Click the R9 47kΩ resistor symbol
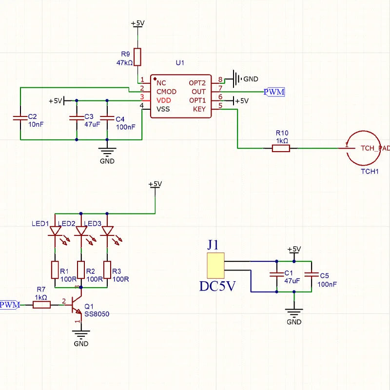(x=137, y=57)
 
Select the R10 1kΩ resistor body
(x=281, y=148)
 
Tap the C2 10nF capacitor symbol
(x=20, y=117)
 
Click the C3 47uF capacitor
(x=76, y=117)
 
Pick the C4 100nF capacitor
(x=107, y=117)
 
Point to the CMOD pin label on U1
(x=166, y=92)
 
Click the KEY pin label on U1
(x=199, y=109)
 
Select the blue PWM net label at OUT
(x=274, y=92)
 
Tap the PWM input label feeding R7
(x=10, y=305)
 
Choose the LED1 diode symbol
(x=55, y=231)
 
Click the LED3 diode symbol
(x=107, y=231)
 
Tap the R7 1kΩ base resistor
(x=41, y=305)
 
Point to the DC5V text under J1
(x=217, y=286)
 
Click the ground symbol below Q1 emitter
(x=81, y=334)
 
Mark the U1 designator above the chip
(x=180, y=63)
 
